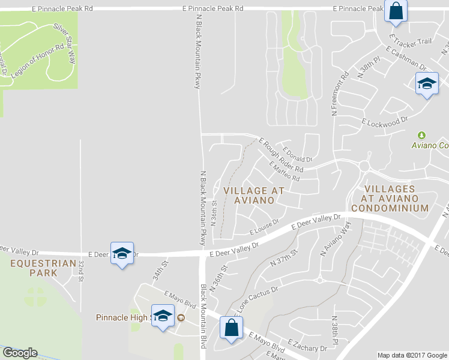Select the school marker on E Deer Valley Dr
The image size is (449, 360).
point(122,254)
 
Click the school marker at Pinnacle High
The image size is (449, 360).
point(163,316)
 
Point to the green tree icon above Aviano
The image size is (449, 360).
point(421,136)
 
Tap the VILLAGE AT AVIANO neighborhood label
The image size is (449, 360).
point(253,195)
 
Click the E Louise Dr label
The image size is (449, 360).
point(265,226)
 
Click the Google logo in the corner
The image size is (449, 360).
point(20,353)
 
